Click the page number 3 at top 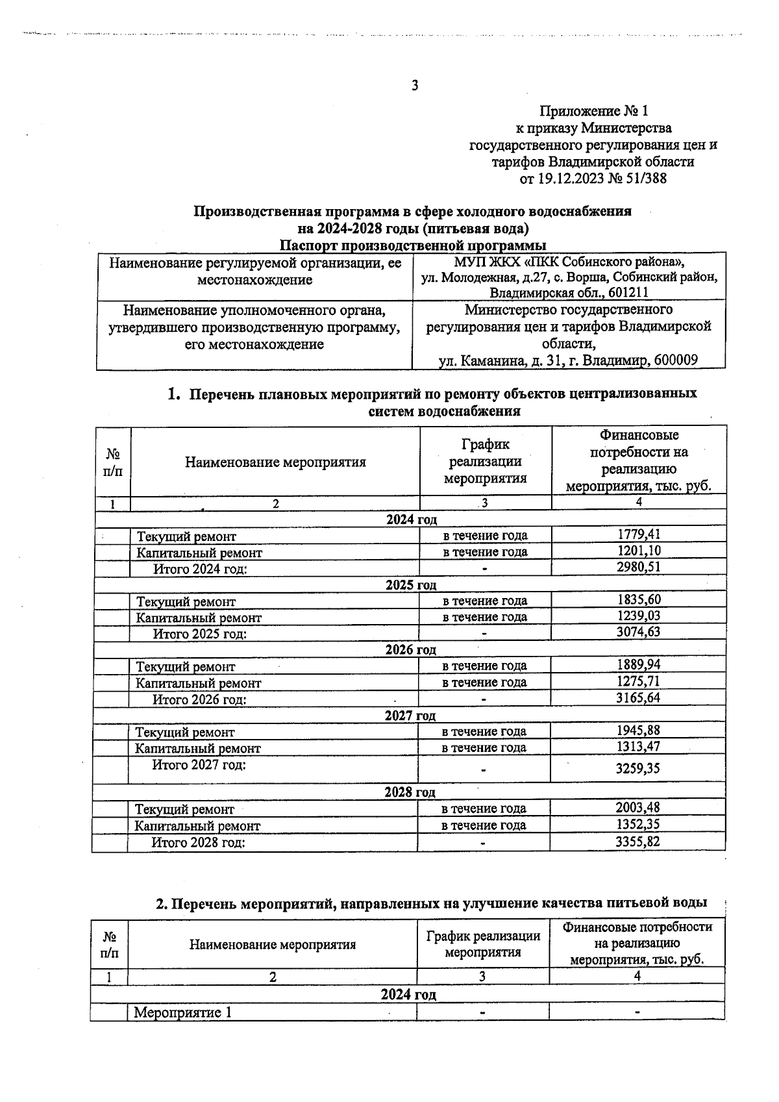[415, 86]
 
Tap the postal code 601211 [628, 293]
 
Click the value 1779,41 [638, 534]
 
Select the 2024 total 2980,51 [638, 567]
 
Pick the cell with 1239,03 [638, 616]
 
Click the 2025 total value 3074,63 [638, 632]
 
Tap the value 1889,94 [638, 665]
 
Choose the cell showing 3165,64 [638, 697]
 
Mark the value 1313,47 [638, 747]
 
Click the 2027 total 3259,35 [638, 769]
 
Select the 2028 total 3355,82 [638, 842]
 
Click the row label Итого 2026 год [199, 699]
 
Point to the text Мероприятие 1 [182, 1012]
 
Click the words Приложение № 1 [594, 111]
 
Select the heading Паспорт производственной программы [413, 245]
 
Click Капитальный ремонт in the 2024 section [199, 553]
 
